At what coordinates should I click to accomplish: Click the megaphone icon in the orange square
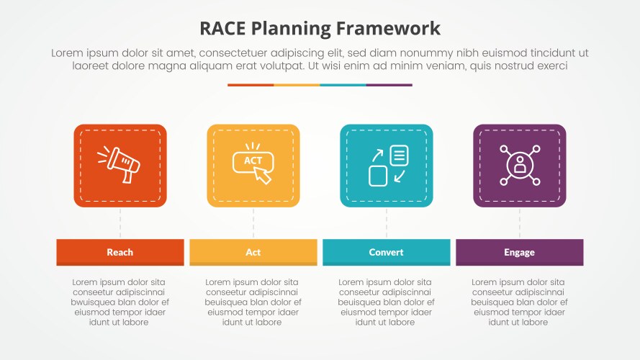pos(120,164)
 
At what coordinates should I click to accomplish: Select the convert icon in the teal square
pos(387,165)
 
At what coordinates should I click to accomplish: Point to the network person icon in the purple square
pos(519,165)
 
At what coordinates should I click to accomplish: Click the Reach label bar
pos(120,252)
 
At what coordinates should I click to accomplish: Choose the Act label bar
pos(253,252)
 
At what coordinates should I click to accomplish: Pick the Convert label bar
pos(387,252)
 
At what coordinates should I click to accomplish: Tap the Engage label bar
pos(519,252)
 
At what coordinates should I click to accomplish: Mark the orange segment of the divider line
pos(251,85)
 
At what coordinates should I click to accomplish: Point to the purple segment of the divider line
pos(389,85)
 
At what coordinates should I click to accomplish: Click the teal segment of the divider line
pos(343,85)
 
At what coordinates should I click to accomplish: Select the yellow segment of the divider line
pos(297,85)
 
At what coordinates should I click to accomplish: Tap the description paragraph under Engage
pos(519,302)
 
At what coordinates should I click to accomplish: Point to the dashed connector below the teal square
pos(387,223)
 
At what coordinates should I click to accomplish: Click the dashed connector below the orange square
pos(120,223)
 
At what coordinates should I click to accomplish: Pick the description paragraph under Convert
pos(387,302)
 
